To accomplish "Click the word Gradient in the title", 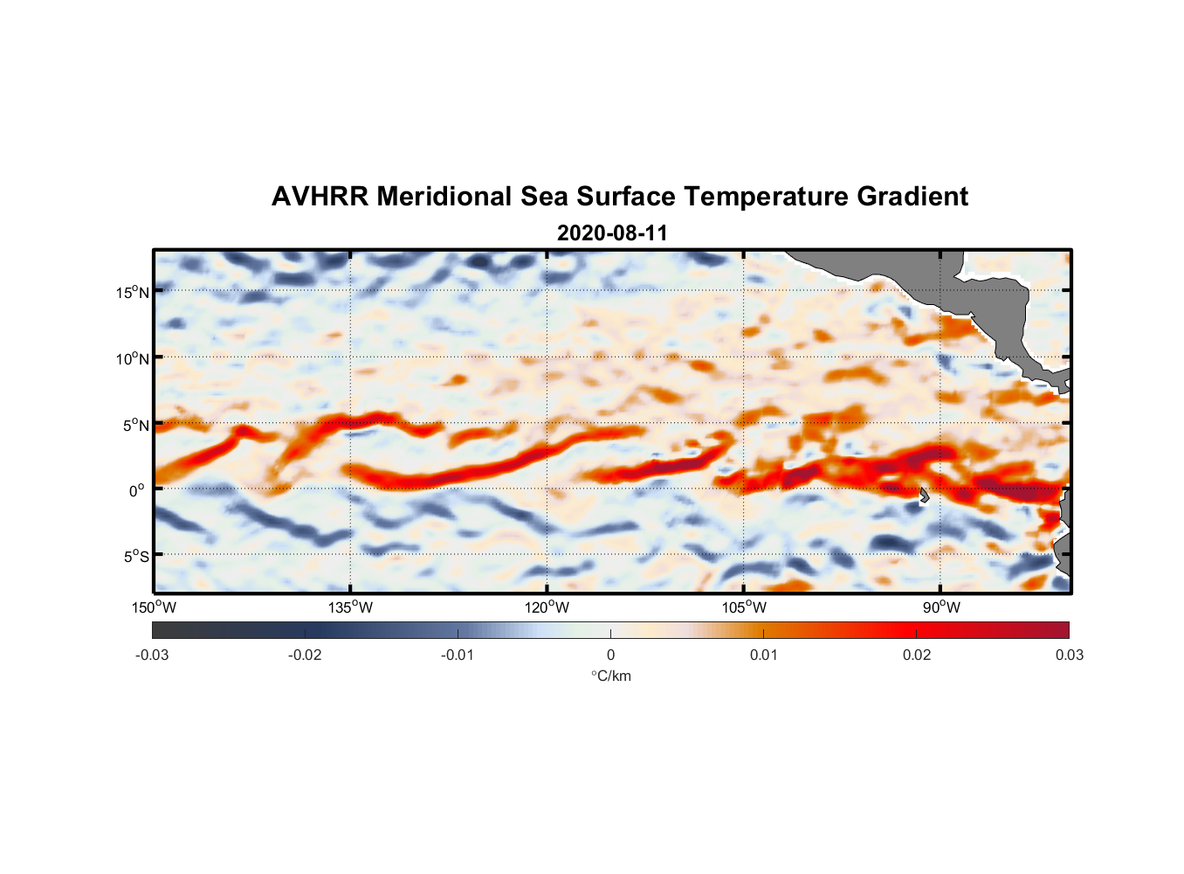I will (912, 197).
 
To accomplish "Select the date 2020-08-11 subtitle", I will (612, 233).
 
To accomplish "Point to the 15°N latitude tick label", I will (133, 292).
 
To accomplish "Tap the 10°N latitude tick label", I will (133, 358).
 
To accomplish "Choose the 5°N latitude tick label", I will (135, 425).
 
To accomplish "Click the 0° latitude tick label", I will (137, 490).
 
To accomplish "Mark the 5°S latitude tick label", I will (135, 556).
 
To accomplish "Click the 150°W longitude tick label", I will (154, 607).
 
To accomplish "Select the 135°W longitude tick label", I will (351, 607).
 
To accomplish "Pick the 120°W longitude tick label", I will (547, 607).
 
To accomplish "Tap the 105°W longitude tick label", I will (744, 607).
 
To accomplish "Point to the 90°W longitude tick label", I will (941, 607).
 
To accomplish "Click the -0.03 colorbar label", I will (152, 655).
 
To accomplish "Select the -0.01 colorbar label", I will (458, 655).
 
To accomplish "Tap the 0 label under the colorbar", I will (610, 655).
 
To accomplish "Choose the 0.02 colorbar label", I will (917, 655).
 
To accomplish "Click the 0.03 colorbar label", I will (1069, 655).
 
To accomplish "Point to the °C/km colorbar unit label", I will (610, 676).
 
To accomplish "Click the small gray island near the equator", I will (924, 495).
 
